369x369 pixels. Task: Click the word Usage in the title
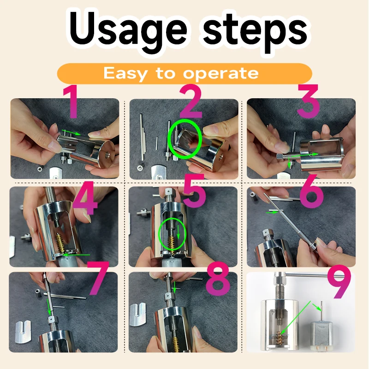pos(128,30)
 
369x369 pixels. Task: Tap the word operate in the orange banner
pos(221,74)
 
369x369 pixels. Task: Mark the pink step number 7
pos(98,278)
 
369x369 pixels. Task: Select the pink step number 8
pos(217,279)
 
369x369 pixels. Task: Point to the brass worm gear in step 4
pos(60,243)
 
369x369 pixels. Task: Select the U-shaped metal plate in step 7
pos(23,331)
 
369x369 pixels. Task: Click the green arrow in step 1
pos(71,132)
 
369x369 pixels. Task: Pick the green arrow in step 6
pos(272,212)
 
